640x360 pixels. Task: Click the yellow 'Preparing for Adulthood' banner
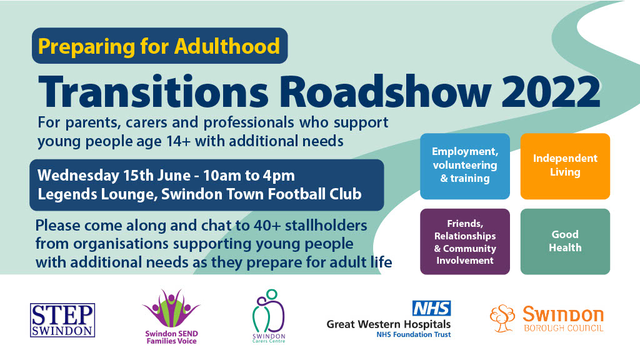(159, 46)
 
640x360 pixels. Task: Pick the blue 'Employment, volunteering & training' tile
(465, 166)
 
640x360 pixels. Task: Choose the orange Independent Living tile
(565, 166)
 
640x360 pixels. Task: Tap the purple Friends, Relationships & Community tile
(465, 242)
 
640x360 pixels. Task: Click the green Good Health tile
(565, 242)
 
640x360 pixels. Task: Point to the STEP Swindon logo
(62, 320)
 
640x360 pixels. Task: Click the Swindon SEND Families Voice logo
(171, 317)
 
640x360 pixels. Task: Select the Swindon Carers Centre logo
(269, 316)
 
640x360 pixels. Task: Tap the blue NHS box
(431, 308)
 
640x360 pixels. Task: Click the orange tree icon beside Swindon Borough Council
(502, 318)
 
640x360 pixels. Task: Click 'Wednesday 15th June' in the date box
(114, 176)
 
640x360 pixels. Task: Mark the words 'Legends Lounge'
(97, 194)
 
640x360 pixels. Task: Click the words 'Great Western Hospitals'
(389, 324)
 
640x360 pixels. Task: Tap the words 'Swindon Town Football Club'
(262, 194)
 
